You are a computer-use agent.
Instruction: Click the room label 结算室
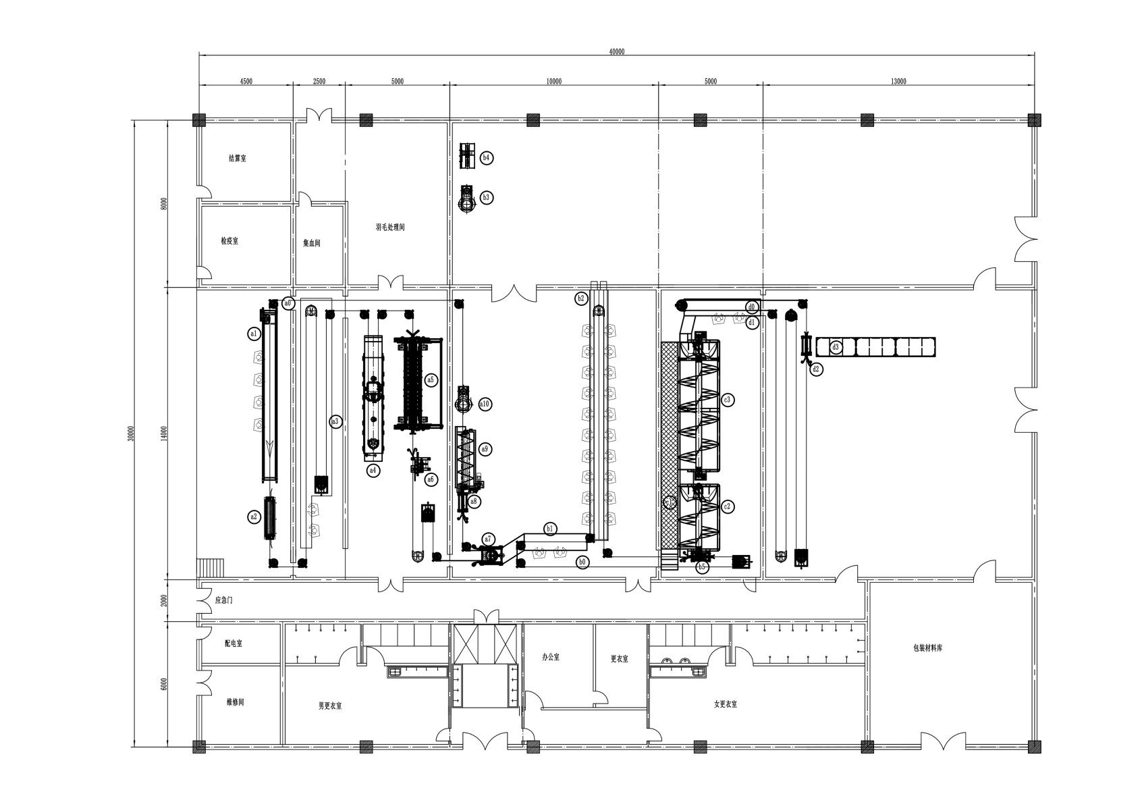pyautogui.click(x=237, y=159)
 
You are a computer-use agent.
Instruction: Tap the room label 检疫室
pyautogui.click(x=229, y=241)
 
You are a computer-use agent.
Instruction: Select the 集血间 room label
pyautogui.click(x=311, y=243)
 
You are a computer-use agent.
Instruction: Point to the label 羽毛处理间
pyautogui.click(x=390, y=228)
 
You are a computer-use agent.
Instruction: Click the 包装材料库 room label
pyautogui.click(x=927, y=648)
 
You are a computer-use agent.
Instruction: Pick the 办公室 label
pyautogui.click(x=551, y=657)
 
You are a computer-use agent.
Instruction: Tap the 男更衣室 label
pyautogui.click(x=330, y=706)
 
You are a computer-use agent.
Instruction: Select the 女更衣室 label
pyautogui.click(x=726, y=704)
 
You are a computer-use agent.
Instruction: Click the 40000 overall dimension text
pyautogui.click(x=616, y=51)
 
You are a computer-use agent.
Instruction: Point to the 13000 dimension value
pyautogui.click(x=898, y=81)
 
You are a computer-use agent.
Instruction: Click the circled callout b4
pyautogui.click(x=487, y=158)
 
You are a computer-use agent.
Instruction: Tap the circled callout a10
pyautogui.click(x=485, y=404)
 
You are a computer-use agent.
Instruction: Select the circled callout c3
pyautogui.click(x=727, y=400)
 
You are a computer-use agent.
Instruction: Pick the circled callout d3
pyautogui.click(x=836, y=348)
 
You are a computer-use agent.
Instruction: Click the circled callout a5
pyautogui.click(x=431, y=380)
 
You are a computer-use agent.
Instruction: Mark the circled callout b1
pyautogui.click(x=551, y=529)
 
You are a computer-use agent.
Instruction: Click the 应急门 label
pyautogui.click(x=224, y=600)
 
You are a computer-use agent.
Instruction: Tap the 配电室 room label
pyautogui.click(x=234, y=643)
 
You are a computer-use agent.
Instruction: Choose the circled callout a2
pyautogui.click(x=254, y=517)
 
